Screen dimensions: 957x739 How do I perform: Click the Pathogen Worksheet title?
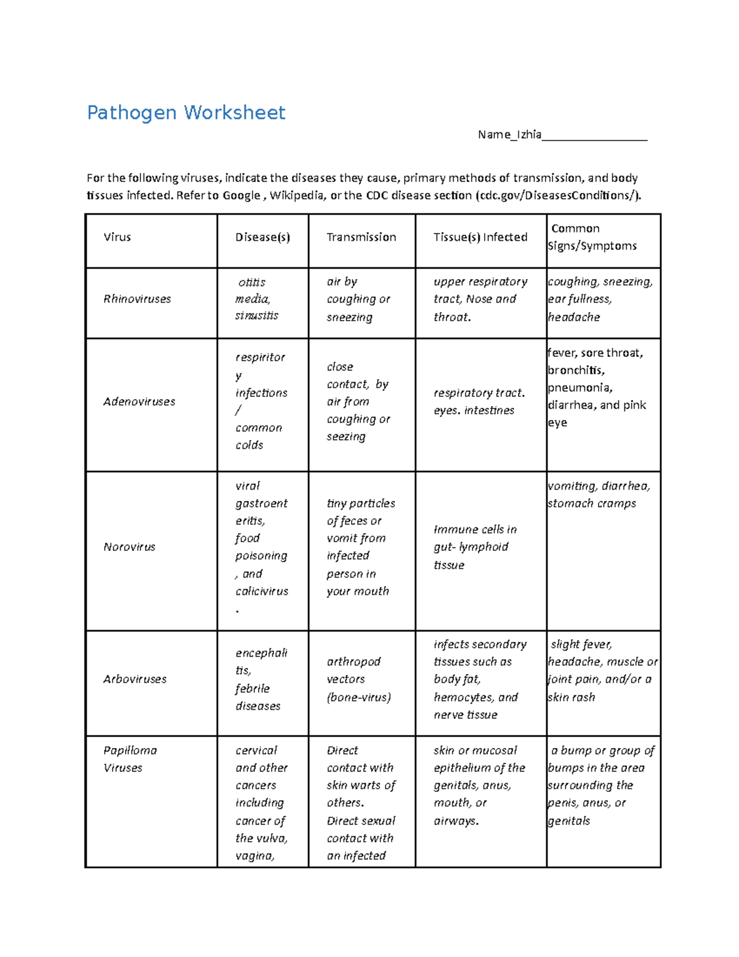tap(186, 113)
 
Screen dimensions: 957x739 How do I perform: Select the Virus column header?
tap(117, 237)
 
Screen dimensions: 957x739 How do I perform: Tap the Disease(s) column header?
tap(262, 237)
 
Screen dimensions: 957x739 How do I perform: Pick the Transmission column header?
tap(361, 237)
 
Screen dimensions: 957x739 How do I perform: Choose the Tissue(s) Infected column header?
tap(480, 237)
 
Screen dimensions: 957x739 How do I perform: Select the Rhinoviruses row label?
tap(137, 299)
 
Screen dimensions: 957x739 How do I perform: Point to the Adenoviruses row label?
tap(139, 402)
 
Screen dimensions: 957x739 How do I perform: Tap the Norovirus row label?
tap(129, 547)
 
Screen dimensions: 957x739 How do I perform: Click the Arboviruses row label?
tap(135, 679)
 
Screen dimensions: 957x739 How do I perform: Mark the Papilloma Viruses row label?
tap(130, 759)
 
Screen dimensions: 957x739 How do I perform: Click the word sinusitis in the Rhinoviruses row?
tap(257, 316)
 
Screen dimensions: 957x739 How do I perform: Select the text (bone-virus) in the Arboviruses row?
tap(359, 698)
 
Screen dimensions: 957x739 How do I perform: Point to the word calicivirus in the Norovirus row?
tap(262, 592)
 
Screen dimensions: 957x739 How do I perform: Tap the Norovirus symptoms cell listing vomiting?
tap(598, 495)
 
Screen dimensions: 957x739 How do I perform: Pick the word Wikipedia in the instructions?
tap(296, 195)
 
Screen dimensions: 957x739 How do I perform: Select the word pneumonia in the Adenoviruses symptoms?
tap(580, 388)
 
